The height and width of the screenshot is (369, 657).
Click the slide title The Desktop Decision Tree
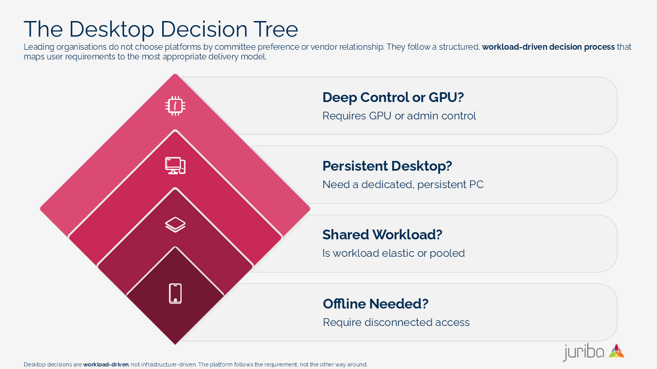tap(161, 29)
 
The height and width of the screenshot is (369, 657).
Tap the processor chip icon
tap(175, 106)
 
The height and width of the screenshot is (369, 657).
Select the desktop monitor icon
tap(175, 166)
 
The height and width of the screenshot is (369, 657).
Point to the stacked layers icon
tap(175, 224)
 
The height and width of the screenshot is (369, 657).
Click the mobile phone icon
tap(175, 294)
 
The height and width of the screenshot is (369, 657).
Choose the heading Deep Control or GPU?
tap(393, 97)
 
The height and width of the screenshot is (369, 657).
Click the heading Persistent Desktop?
tap(387, 166)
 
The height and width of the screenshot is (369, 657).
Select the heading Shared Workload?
tap(382, 235)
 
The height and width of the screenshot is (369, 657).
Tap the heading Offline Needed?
tap(375, 304)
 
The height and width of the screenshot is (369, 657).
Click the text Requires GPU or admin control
tap(399, 116)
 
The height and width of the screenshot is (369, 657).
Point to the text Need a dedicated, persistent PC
tap(403, 184)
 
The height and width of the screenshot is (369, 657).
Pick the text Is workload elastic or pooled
tap(393, 253)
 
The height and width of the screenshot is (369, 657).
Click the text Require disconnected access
tap(396, 322)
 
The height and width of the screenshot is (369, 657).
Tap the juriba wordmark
tap(584, 353)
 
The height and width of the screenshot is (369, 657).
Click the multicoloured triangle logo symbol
tap(616, 351)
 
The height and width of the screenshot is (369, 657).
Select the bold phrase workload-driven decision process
tap(548, 47)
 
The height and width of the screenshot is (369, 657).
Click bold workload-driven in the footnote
tap(106, 365)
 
